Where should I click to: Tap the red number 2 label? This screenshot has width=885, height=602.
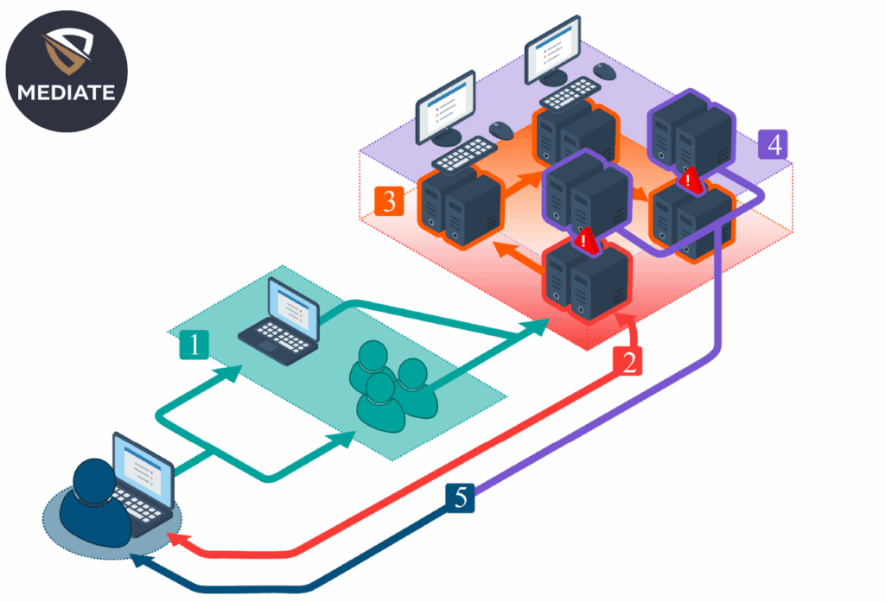tap(629, 361)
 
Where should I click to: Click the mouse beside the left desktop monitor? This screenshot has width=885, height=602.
tap(500, 130)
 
